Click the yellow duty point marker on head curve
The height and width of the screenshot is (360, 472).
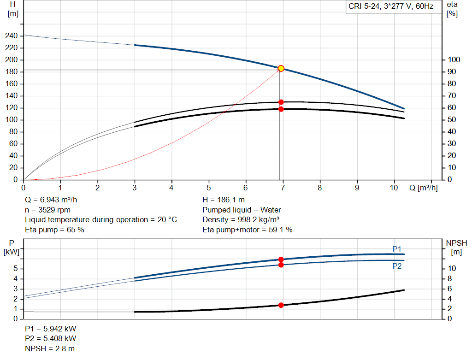pos(281,68)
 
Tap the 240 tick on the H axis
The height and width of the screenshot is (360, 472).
pos(12,36)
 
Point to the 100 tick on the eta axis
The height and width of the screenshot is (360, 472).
pos(454,60)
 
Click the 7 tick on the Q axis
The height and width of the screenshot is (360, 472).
pos(283,188)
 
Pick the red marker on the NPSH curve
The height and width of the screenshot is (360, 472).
pos(281,305)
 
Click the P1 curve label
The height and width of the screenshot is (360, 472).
pos(397,249)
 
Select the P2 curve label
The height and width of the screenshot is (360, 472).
pos(397,266)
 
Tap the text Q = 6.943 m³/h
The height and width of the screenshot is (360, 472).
pos(54,200)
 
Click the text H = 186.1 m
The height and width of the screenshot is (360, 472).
pos(224,200)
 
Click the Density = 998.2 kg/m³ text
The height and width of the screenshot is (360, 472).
pos(241,219)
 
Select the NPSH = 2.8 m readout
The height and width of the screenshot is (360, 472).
pos(50,348)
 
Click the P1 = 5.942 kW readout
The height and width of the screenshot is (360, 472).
pos(51,329)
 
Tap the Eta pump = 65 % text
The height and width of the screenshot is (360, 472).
pos(54,229)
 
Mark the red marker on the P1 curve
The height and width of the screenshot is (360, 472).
pos(281,260)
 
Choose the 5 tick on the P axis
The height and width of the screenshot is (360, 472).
pos(16,269)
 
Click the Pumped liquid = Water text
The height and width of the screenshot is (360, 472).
pos(242,210)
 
